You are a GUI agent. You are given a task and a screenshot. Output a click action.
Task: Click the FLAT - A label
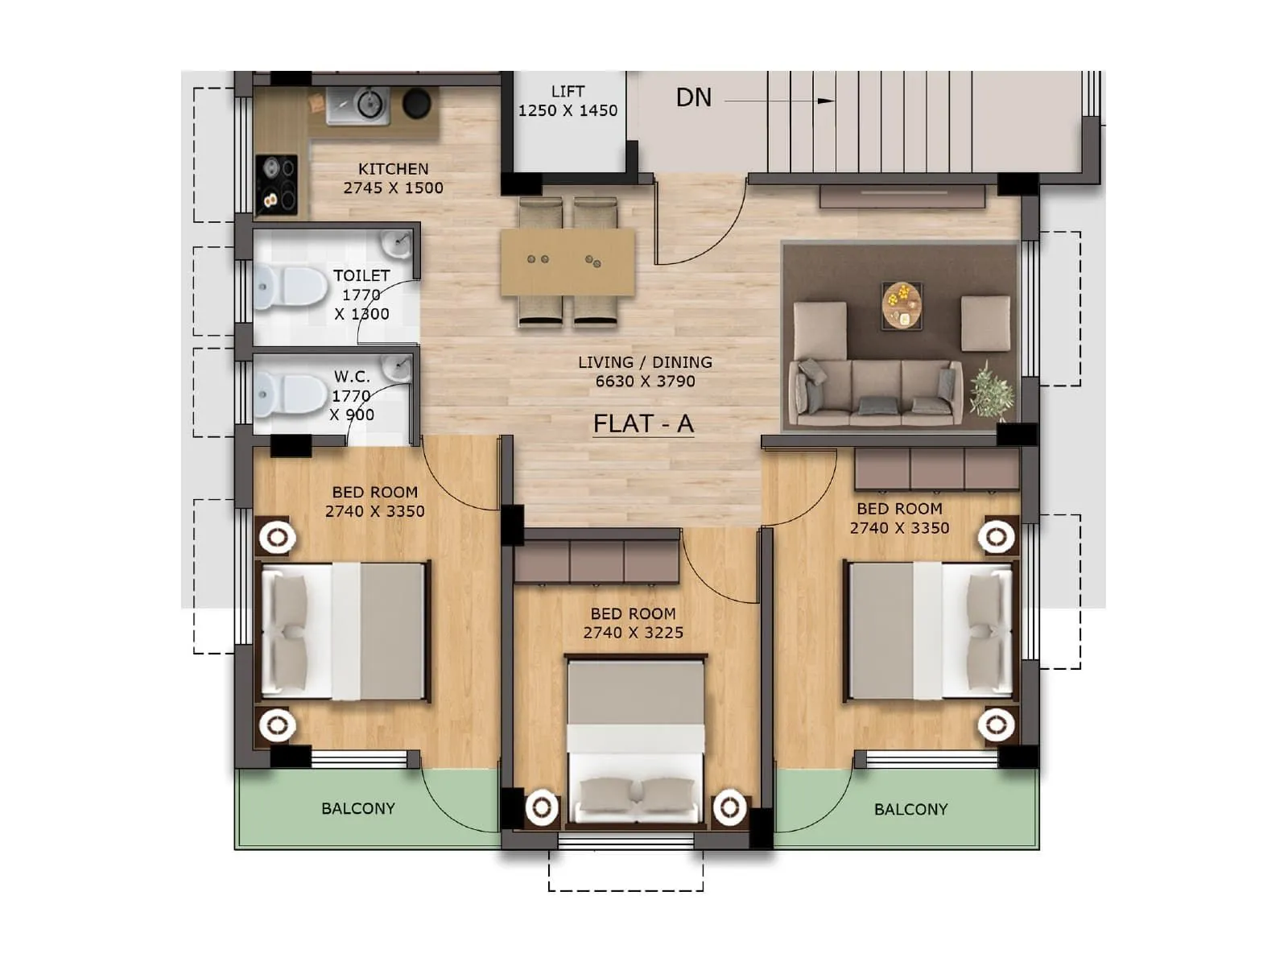(642, 423)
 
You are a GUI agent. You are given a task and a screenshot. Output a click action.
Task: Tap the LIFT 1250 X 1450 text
(568, 101)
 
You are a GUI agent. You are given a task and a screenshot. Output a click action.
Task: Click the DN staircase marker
(693, 97)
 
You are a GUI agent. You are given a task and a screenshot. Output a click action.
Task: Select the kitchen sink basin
(369, 104)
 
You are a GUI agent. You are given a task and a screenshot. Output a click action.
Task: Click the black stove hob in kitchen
(276, 183)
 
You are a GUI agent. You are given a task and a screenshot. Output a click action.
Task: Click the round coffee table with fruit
(902, 305)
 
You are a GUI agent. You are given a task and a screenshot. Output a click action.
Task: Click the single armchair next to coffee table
(985, 323)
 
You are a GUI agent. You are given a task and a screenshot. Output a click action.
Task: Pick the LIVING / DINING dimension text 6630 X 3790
(645, 382)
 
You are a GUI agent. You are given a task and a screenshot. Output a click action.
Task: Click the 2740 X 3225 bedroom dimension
(634, 633)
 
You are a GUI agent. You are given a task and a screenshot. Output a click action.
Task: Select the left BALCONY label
(358, 808)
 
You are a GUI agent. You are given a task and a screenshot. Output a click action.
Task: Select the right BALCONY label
(910, 809)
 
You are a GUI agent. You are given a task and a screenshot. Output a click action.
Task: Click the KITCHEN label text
(393, 169)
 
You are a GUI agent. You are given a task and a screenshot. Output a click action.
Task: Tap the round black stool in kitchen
(416, 103)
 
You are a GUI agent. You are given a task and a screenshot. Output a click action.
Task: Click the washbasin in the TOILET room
(396, 242)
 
